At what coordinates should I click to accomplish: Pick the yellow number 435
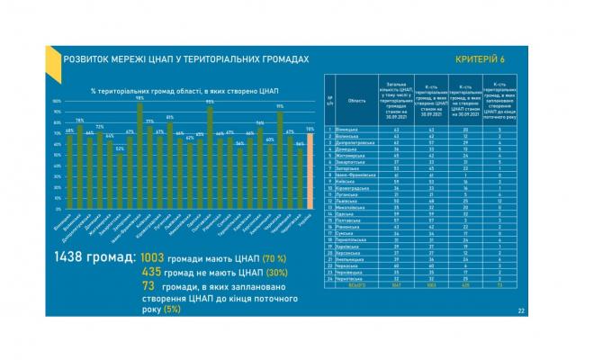[x=151, y=271]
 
